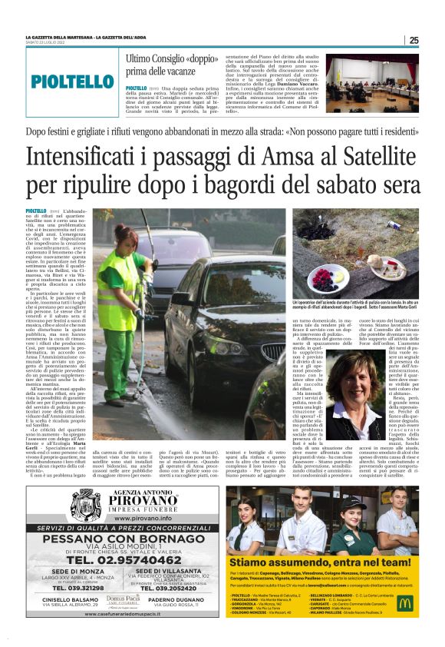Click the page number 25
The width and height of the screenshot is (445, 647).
click(x=414, y=40)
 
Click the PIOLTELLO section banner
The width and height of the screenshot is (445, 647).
click(x=73, y=81)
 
